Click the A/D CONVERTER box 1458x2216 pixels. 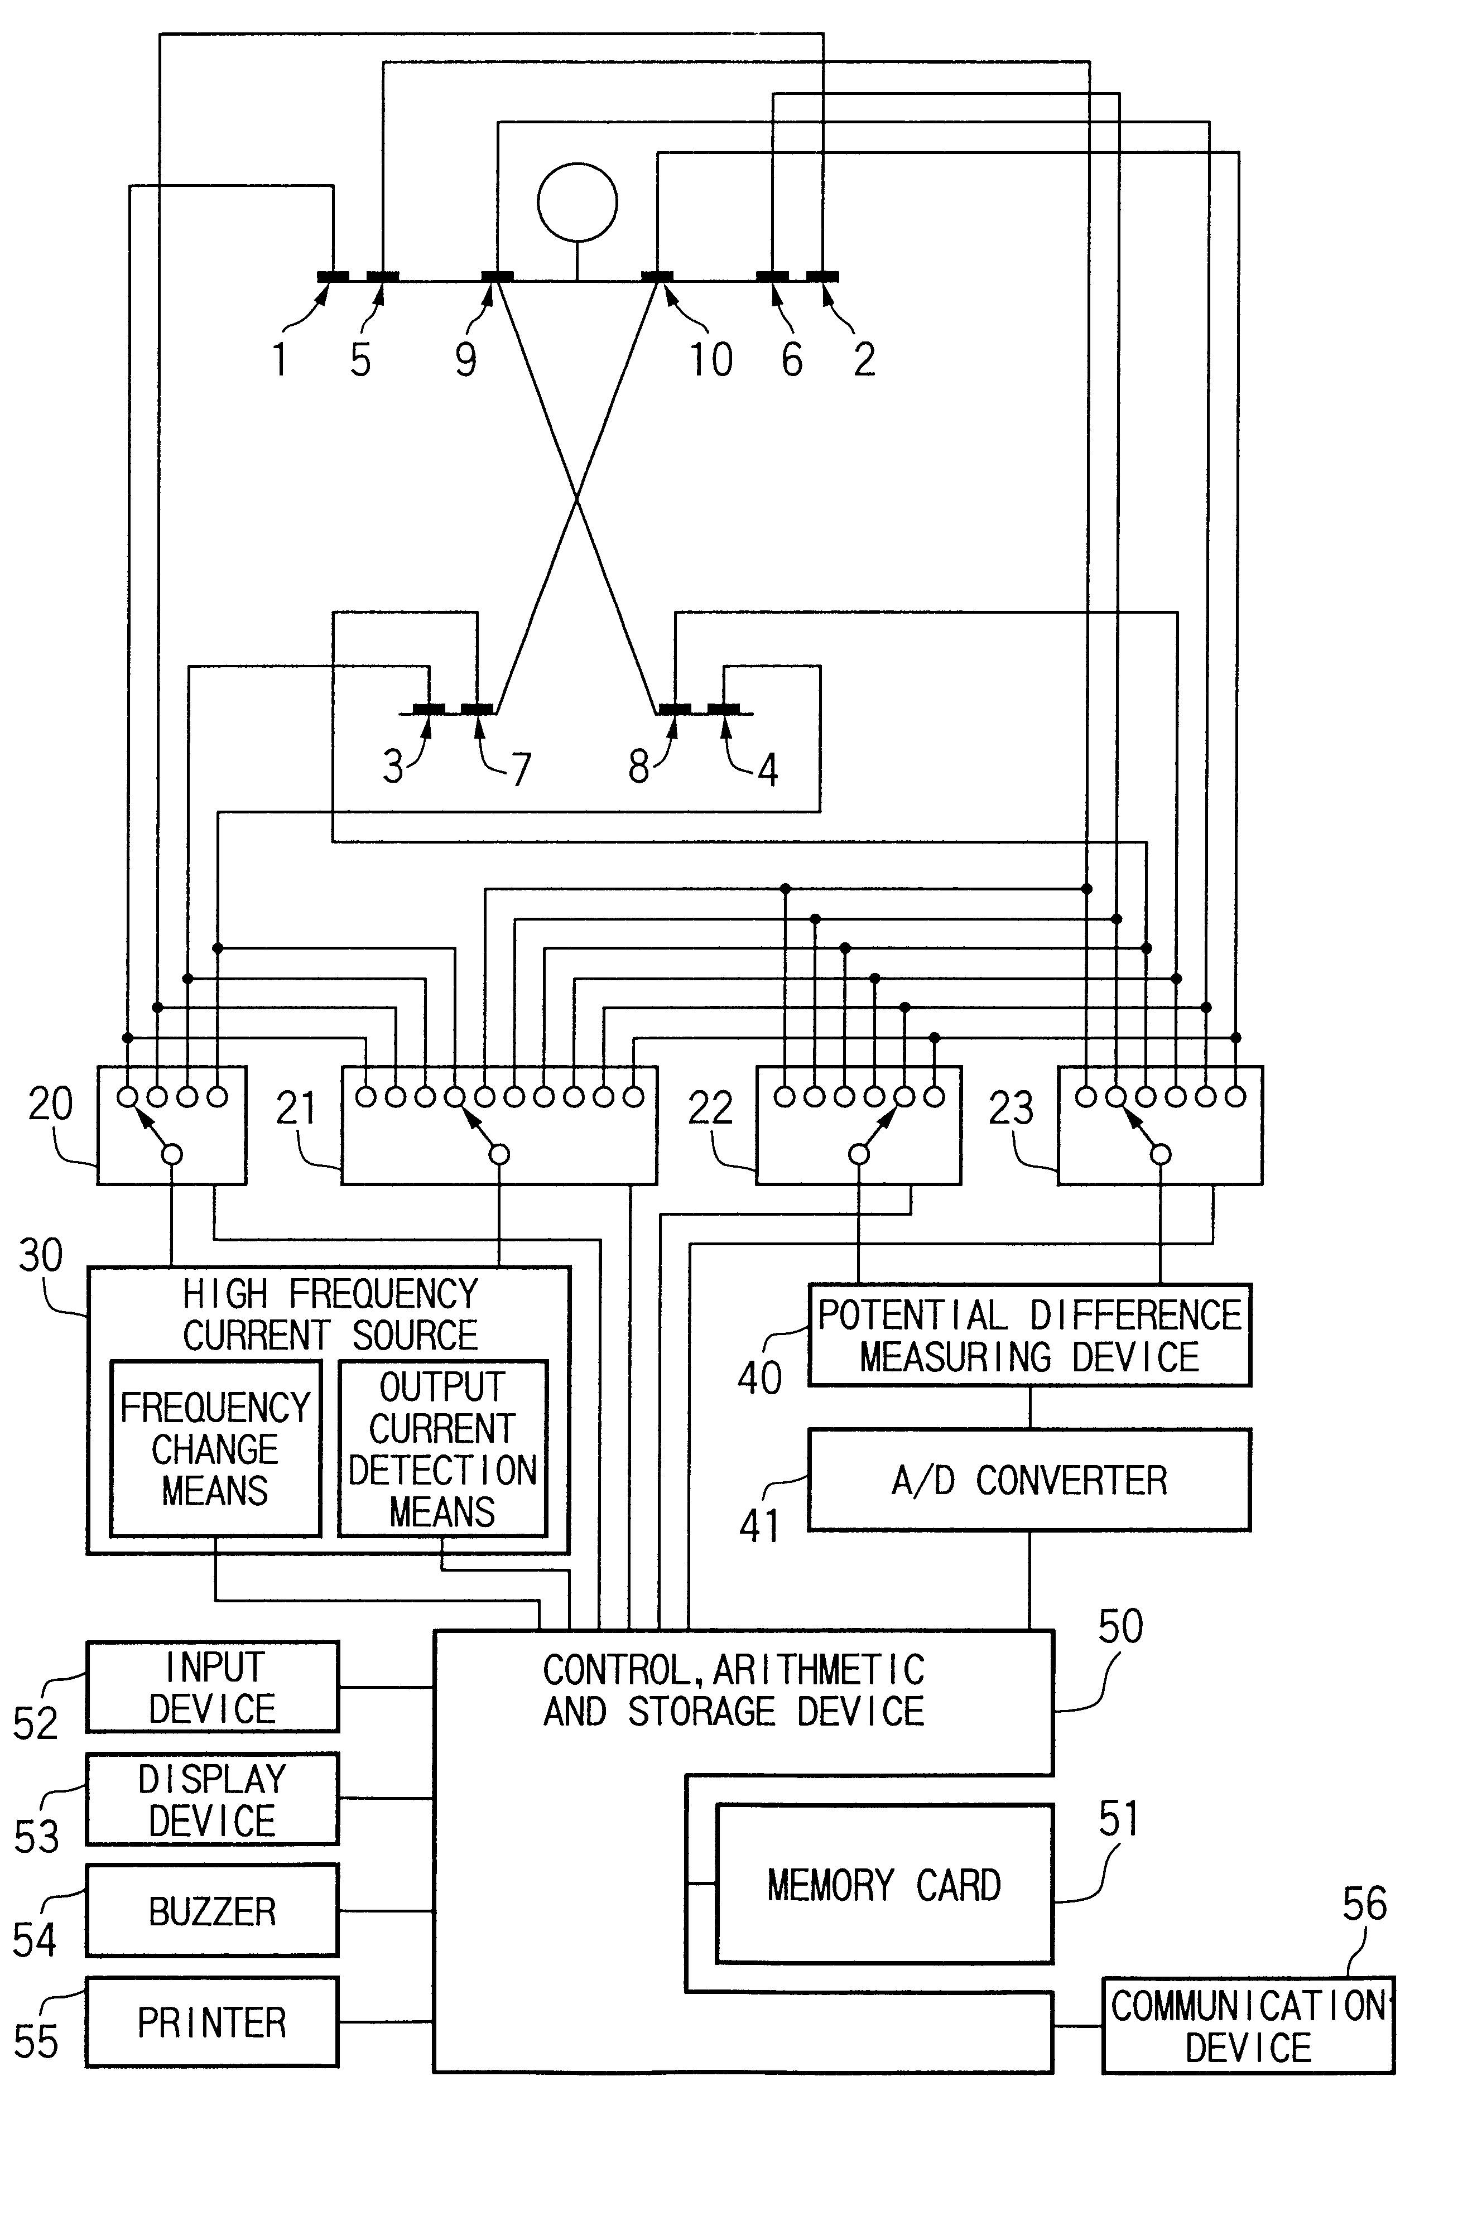(1029, 1481)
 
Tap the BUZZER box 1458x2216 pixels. (212, 1911)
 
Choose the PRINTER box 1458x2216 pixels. (212, 2022)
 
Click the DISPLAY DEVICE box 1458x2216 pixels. (212, 1800)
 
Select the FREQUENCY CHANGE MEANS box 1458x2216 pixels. (215, 1449)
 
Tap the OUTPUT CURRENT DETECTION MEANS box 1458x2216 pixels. (442, 1449)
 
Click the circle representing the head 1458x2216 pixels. (578, 202)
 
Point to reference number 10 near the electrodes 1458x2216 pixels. (710, 359)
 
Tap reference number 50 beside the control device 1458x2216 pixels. (1120, 1627)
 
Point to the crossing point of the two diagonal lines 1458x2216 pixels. (578, 500)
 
